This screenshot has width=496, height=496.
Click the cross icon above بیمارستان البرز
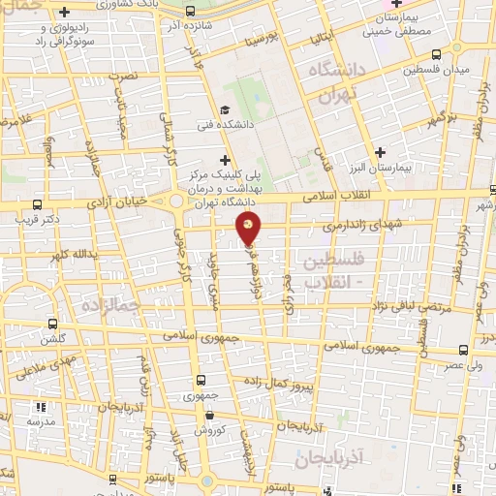[381, 152]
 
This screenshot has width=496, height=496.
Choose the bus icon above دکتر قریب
[37, 204]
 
